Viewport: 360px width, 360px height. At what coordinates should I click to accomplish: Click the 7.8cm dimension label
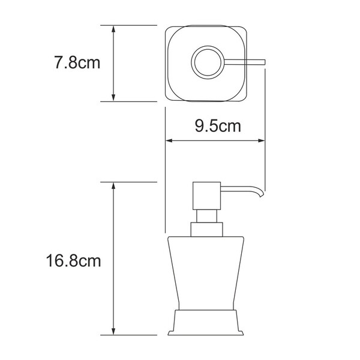pos(77,62)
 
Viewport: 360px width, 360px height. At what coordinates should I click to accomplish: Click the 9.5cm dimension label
pos(218,126)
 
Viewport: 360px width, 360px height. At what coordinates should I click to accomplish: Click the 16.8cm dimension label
pos(73,261)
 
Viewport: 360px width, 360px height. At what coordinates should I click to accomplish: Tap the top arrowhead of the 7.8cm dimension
pos(113,30)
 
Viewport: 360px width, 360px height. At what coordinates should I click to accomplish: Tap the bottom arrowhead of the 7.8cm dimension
pos(113,97)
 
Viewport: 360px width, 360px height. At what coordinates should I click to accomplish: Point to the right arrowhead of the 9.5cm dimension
pos(260,140)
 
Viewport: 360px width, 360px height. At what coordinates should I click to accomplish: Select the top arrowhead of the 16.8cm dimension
pos(113,187)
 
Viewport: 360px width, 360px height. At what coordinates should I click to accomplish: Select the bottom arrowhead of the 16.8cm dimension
pos(113,330)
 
